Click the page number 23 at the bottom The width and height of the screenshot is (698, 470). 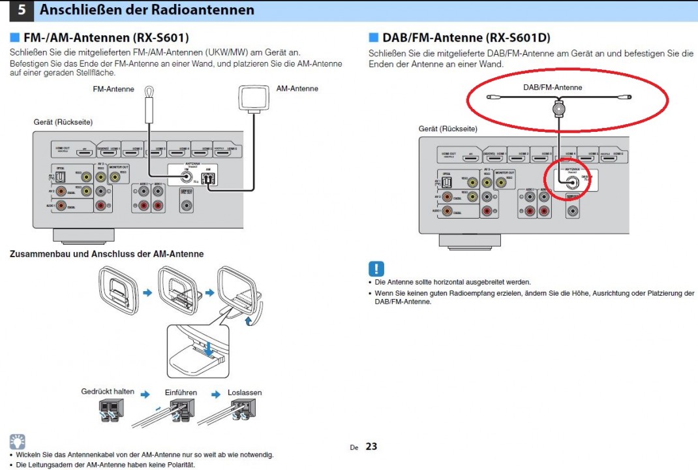pos(371,446)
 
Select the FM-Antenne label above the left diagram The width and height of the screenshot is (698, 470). pos(114,89)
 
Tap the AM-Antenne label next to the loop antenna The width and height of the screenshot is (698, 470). pos(297,88)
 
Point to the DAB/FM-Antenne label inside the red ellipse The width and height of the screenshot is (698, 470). pos(553,87)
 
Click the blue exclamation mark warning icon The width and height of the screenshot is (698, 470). pos(376,268)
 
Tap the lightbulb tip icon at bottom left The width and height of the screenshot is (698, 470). pos(18,441)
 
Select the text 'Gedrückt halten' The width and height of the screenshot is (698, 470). pos(108,392)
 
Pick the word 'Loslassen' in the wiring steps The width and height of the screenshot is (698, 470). pos(245,392)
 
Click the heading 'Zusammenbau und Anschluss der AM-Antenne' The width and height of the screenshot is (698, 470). pos(106,254)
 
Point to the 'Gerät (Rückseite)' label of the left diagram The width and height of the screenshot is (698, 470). pos(63,122)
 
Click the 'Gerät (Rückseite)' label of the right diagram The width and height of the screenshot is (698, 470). pos(448,129)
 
